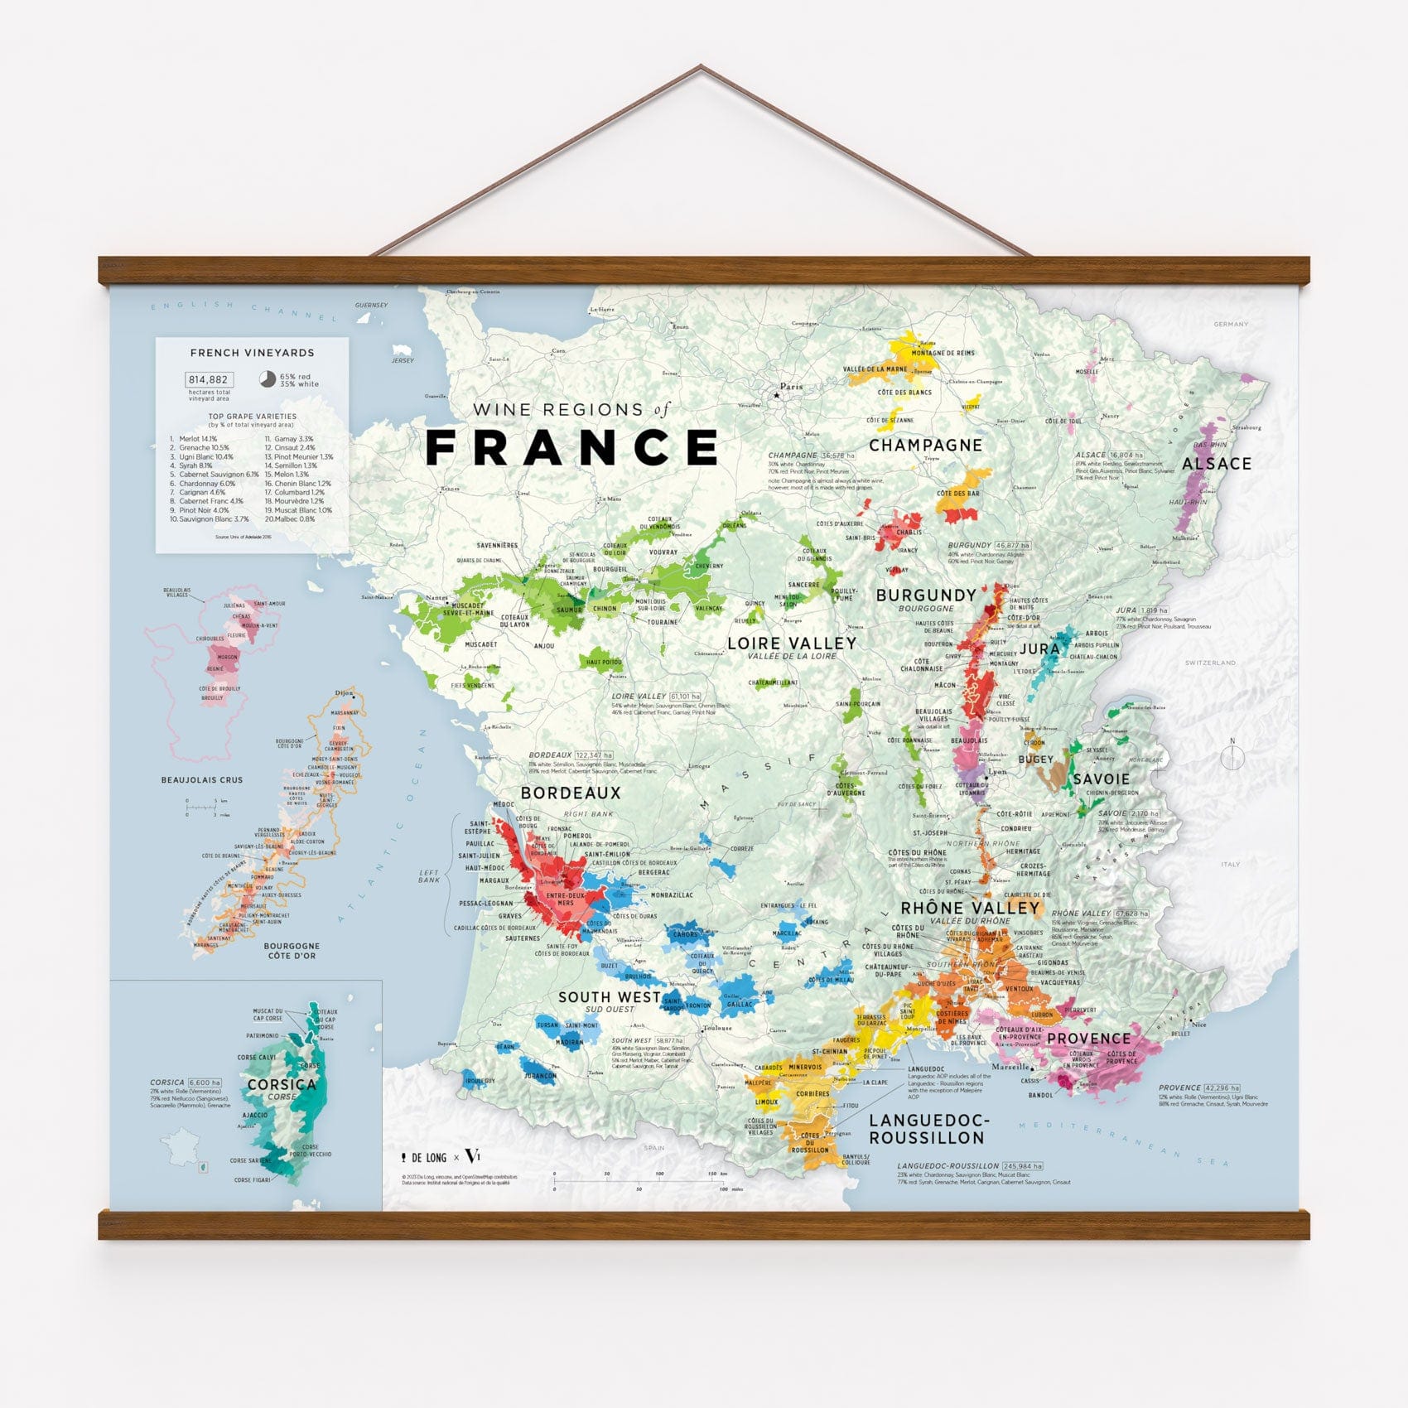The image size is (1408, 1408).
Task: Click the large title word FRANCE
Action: tap(571, 447)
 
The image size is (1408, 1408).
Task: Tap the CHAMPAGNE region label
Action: tap(925, 446)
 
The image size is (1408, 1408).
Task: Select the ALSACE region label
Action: tap(1216, 464)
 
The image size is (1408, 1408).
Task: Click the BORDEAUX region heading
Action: tap(571, 793)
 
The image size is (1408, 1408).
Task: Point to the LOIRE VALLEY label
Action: tap(792, 644)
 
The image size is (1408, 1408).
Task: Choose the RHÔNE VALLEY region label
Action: tap(970, 908)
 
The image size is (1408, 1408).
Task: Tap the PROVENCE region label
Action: tap(1088, 1039)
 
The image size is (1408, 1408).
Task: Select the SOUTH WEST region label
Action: tap(610, 997)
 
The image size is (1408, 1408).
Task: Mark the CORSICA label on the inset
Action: tap(282, 1084)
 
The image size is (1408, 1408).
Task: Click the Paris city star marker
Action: tap(777, 396)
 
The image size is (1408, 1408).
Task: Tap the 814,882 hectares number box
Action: tap(209, 380)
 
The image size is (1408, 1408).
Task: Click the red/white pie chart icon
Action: tap(268, 379)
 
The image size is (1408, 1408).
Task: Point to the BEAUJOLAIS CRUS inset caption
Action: tap(202, 780)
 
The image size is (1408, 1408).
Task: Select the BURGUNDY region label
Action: tap(926, 595)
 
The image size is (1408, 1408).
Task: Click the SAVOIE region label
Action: tap(1101, 779)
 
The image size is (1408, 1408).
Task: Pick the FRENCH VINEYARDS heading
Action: tap(252, 353)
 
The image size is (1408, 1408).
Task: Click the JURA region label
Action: tap(1039, 649)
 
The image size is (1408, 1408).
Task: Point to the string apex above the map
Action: tap(702, 66)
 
